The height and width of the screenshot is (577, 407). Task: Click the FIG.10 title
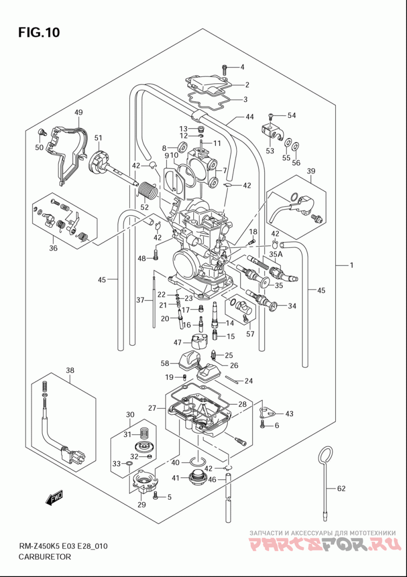coord(39,33)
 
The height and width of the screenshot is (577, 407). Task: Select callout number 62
coord(341,489)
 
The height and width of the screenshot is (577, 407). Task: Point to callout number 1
coord(352,265)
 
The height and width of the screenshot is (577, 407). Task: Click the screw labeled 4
coord(225,69)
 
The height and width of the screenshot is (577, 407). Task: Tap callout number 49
coord(78,112)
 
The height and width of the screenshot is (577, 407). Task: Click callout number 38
coord(70,370)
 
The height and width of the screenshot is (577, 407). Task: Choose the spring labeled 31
coord(142,435)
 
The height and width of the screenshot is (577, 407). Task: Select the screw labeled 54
coord(272,116)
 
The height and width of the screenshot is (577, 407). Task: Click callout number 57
coord(250,334)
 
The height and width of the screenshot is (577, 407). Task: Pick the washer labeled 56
coord(296,147)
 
